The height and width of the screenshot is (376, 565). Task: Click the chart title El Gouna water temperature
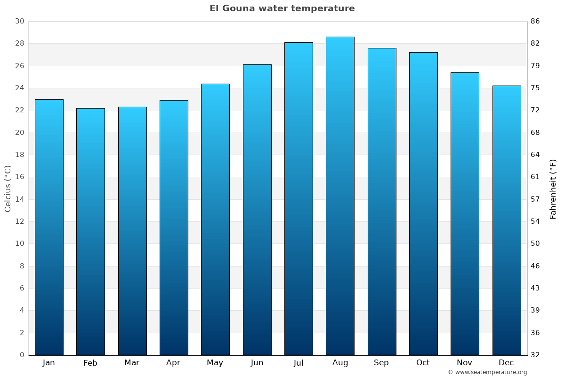(x=282, y=8)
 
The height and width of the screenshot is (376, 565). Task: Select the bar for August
(x=340, y=196)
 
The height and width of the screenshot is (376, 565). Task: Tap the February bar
(x=90, y=231)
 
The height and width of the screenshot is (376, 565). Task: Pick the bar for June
(x=257, y=210)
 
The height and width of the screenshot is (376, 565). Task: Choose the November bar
(x=465, y=213)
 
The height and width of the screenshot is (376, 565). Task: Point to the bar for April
(x=174, y=227)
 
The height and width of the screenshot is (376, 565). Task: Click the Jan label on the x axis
(x=49, y=363)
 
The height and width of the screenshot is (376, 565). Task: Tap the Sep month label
(x=381, y=363)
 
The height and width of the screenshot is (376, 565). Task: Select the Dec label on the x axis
(x=506, y=363)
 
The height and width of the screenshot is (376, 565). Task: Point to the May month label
(x=215, y=363)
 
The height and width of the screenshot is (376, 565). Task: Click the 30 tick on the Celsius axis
(x=20, y=22)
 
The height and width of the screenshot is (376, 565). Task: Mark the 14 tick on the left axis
(x=20, y=199)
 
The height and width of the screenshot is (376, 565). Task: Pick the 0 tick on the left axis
(x=22, y=355)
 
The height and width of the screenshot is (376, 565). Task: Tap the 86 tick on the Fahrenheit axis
(x=535, y=22)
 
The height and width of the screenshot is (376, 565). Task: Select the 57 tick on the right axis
(x=535, y=199)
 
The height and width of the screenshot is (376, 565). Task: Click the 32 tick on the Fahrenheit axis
(x=535, y=355)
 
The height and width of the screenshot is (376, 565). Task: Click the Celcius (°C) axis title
(x=8, y=188)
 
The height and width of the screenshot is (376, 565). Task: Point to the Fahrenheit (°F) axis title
(x=553, y=188)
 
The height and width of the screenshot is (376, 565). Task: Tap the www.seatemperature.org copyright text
(x=487, y=372)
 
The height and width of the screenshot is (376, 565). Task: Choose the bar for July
(x=299, y=198)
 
